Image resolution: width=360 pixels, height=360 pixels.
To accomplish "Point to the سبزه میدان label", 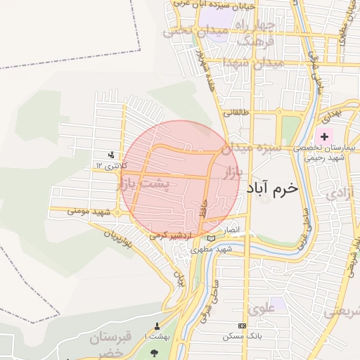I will click(251, 148).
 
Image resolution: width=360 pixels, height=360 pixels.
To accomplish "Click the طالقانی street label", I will click(237, 112).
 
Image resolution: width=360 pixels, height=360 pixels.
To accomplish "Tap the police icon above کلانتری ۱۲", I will click(111, 155).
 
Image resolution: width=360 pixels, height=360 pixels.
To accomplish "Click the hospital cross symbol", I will click(324, 136).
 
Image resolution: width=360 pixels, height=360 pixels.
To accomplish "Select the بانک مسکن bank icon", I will click(242, 326).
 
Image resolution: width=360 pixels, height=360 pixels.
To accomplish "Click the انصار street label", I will click(231, 230).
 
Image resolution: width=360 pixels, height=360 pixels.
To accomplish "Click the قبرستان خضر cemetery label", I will click(110, 345).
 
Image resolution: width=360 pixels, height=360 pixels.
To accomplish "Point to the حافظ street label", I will click(205, 208).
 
